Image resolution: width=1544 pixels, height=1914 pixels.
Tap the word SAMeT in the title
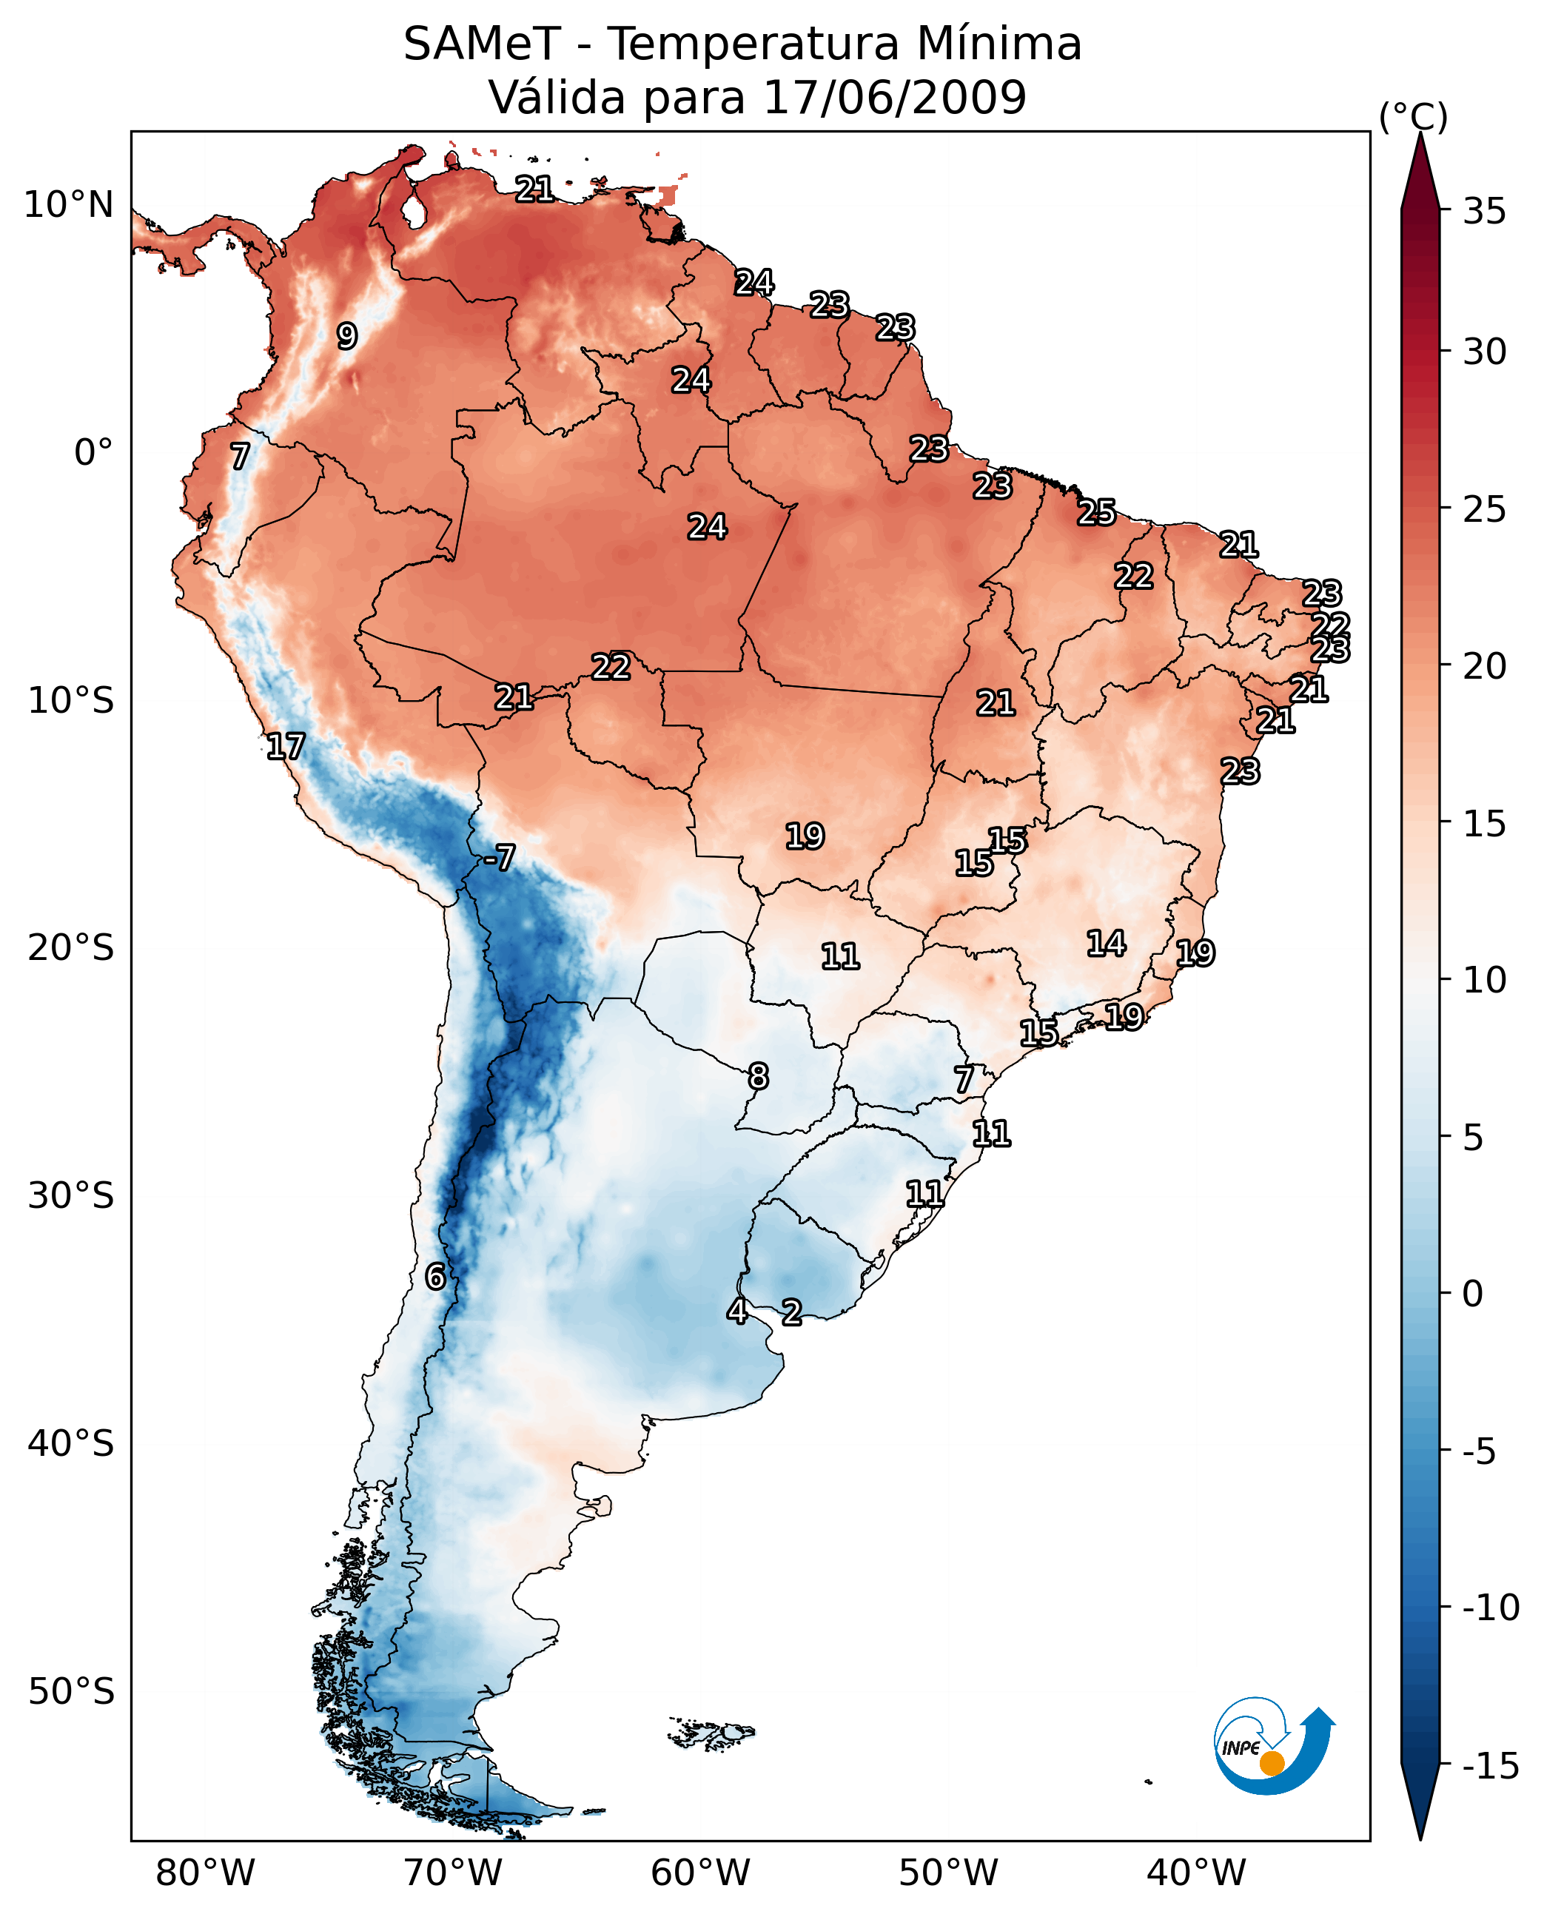pos(481,44)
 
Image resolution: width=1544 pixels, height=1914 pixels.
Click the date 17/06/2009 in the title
pos(895,98)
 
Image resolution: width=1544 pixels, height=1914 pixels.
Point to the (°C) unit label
pos(1413,116)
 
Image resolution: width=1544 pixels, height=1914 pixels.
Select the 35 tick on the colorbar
pos(1484,212)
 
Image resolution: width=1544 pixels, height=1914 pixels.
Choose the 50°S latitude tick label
pos(71,1690)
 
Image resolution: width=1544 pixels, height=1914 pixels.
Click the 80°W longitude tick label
pos(206,1873)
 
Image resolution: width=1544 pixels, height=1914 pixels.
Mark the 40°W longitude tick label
pos(1196,1873)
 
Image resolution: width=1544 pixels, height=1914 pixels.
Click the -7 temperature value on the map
pos(500,857)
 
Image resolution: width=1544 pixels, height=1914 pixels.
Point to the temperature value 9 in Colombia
pos(347,336)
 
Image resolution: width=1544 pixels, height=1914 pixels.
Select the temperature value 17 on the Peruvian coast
pos(286,746)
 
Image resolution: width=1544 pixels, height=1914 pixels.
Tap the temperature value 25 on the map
pos(1097,512)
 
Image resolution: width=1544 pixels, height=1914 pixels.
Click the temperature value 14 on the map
pos(1107,944)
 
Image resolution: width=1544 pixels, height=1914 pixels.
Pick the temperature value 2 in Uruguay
pos(791,1312)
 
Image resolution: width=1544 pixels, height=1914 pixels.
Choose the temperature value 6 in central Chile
pos(435,1276)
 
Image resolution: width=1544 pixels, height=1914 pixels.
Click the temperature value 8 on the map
pos(758,1076)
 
